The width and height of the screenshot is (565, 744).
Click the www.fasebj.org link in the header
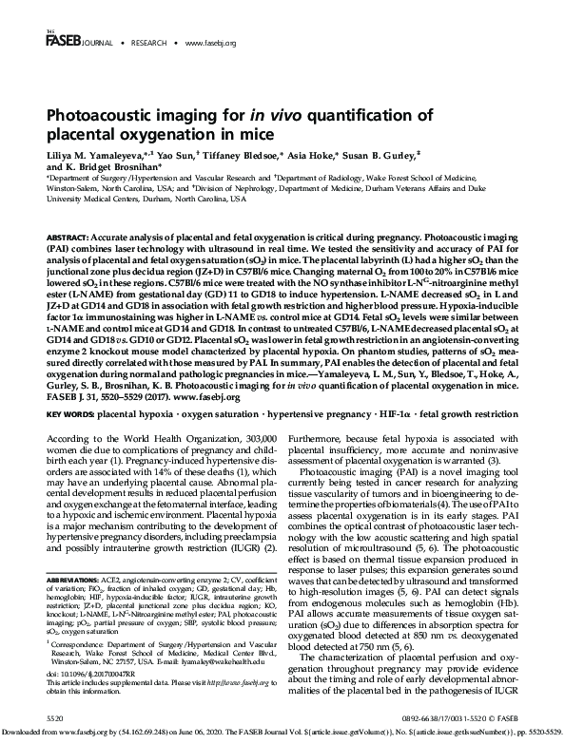[x=210, y=44]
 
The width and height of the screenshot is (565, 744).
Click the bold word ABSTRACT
[x=67, y=234]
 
